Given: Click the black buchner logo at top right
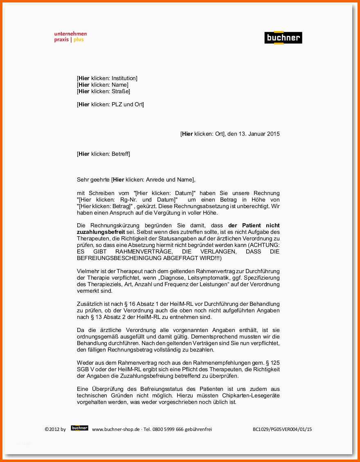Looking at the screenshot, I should pyautogui.click(x=283, y=38).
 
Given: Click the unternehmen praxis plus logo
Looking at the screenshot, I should pyautogui.click(x=70, y=37).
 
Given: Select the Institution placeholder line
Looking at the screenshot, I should pyautogui.click(x=107, y=78).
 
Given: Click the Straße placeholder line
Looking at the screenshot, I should pyautogui.click(x=103, y=91).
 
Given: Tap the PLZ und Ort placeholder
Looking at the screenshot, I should pyautogui.click(x=110, y=104).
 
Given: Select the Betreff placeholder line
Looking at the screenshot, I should pyautogui.click(x=103, y=154).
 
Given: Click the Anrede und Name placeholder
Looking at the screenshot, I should pyautogui.click(x=153, y=179).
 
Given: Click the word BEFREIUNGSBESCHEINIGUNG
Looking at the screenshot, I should pyautogui.click(x=119, y=258).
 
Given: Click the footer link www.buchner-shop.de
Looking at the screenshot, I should pyautogui.click(x=116, y=429).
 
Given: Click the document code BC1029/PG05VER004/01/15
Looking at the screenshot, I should pyautogui.click(x=282, y=429).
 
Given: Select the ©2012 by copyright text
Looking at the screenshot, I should pyautogui.click(x=55, y=429).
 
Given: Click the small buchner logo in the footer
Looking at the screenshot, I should pyautogui.click(x=79, y=428).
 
